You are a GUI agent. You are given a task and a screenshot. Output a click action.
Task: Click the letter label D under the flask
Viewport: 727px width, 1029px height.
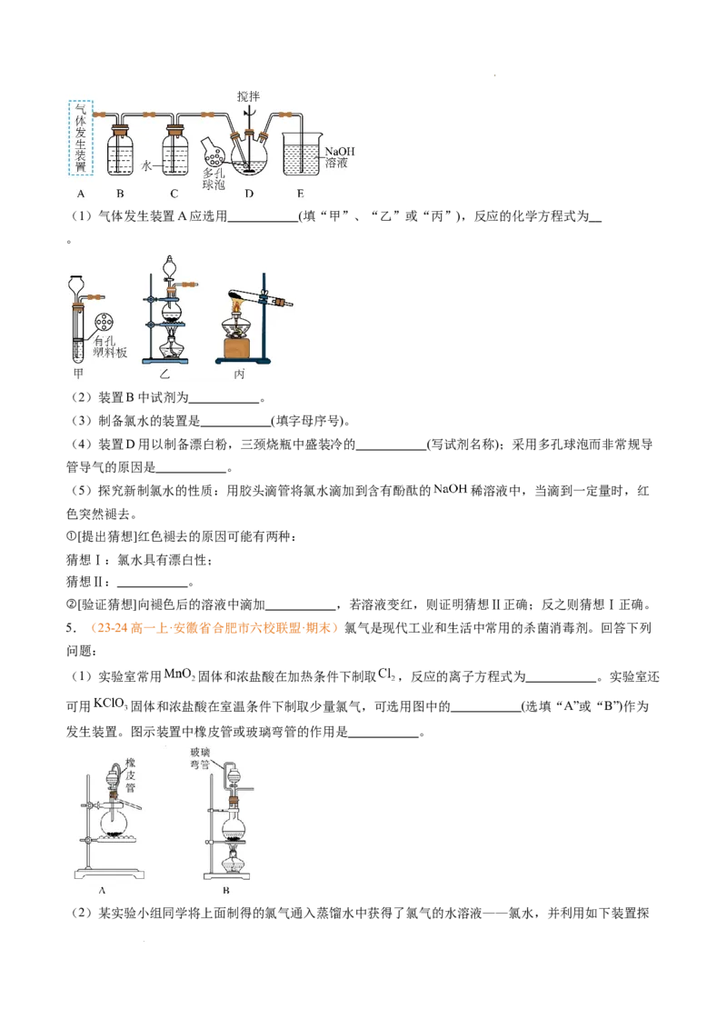[249, 194]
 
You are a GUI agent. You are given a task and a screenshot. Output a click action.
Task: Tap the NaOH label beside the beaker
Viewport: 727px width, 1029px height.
[339, 152]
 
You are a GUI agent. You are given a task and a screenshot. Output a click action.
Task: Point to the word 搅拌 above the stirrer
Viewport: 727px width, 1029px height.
[249, 96]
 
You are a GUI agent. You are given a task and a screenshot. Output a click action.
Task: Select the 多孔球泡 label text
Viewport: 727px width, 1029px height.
[214, 179]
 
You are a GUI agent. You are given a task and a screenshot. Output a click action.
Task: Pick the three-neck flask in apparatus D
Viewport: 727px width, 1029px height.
[249, 155]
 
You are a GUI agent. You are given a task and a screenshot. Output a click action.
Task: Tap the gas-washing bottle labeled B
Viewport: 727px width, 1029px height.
[120, 151]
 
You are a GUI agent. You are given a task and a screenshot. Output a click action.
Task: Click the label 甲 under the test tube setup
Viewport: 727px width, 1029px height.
[79, 374]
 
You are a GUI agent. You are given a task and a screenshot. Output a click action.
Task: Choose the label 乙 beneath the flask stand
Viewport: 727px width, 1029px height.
[164, 375]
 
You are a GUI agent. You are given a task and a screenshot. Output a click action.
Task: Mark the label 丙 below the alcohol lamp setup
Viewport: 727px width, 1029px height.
[239, 375]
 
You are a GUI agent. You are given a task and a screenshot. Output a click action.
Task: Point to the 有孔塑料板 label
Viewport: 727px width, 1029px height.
[110, 346]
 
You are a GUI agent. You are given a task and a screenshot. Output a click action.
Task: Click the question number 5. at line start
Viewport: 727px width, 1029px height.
[71, 628]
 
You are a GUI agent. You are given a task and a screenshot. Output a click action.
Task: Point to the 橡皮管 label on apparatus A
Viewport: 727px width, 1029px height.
[130, 774]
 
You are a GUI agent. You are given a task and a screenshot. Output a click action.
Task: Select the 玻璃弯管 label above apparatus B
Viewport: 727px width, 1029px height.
[199, 759]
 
